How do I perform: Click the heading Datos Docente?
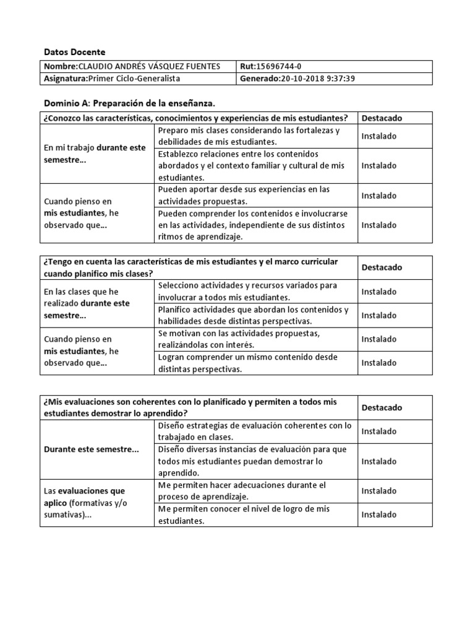pos(75,51)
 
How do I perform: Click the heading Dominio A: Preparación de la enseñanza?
pos(130,102)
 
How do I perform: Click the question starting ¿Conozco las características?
pos(195,118)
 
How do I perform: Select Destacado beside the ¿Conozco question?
pos(382,118)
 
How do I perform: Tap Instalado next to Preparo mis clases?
pos(379,136)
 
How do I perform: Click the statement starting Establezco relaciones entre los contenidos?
pos(251,165)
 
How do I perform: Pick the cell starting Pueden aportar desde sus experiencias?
pos(244,195)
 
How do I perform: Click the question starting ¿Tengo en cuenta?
pos(190,267)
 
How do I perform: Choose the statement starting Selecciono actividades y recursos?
pos(247,291)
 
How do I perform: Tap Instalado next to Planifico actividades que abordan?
pos(379,315)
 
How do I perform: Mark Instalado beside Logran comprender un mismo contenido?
pos(379,363)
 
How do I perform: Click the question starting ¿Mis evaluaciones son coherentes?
pos(190,407)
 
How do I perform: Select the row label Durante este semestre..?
pos(92,449)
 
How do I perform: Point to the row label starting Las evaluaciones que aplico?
pos(84,503)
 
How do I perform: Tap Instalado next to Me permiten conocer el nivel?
pos(379,515)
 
